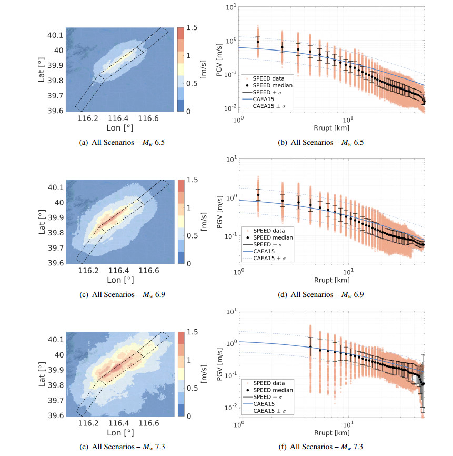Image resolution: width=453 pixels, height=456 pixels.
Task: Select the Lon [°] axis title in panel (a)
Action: click(119, 127)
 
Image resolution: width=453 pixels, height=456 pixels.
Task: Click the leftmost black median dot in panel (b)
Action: click(258, 42)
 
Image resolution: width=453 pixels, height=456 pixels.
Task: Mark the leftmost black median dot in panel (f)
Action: click(310, 346)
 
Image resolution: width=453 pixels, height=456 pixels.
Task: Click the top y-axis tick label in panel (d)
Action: click(230, 158)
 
